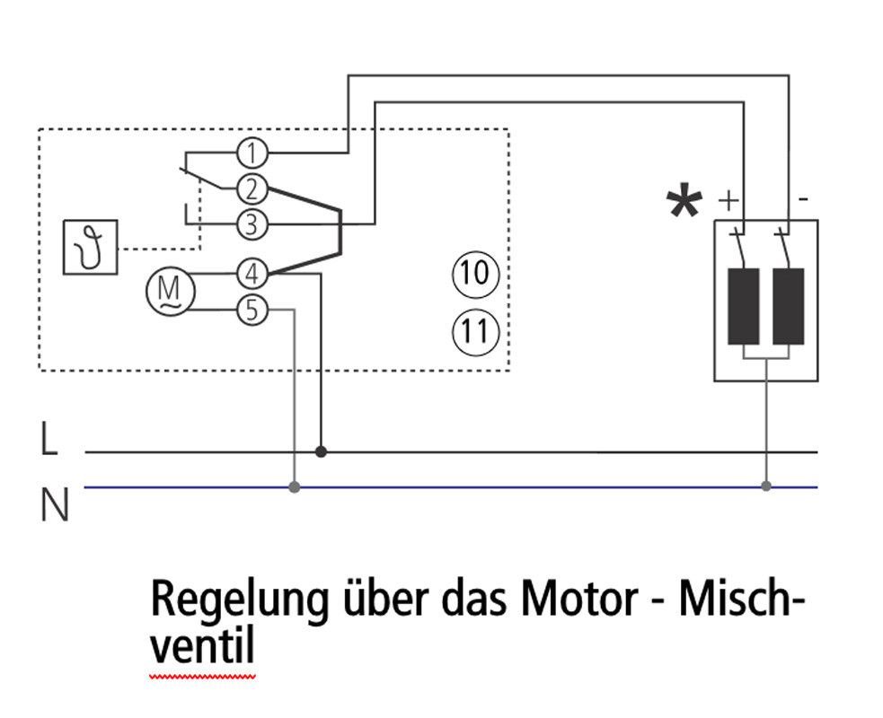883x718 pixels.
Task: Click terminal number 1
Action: click(253, 154)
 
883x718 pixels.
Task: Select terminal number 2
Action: click(253, 189)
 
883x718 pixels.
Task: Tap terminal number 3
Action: click(253, 223)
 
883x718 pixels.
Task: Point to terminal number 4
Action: click(253, 273)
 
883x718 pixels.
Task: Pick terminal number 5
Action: click(253, 311)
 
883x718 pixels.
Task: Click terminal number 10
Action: click(474, 272)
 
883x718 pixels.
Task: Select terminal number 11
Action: click(474, 332)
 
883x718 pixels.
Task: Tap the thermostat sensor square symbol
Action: click(91, 247)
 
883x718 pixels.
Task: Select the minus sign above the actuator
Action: click(802, 197)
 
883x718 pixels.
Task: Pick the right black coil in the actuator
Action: click(788, 305)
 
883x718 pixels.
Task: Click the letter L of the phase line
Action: click(49, 441)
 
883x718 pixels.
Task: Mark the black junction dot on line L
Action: click(321, 451)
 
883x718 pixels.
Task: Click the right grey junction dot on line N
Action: click(766, 486)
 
